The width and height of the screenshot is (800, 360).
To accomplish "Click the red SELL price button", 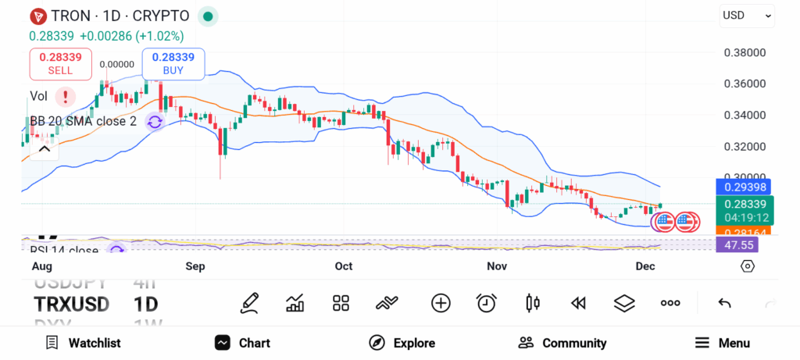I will pos(60,63).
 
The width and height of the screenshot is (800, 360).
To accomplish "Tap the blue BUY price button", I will pos(173,63).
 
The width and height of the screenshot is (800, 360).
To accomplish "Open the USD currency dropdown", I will pos(747,15).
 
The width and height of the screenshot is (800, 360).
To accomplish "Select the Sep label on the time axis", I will pos(195,266).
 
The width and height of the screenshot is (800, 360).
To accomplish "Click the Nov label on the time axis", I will pos(497,266).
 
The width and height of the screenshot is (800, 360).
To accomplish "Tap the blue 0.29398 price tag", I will pos(743,187).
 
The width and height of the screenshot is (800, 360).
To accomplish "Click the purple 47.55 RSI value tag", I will pos(737,244).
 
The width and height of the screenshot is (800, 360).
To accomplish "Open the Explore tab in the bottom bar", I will pos(402,343).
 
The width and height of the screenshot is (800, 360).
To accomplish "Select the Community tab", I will pos(562,343).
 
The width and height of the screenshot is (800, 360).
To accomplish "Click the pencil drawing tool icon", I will pos(250,303).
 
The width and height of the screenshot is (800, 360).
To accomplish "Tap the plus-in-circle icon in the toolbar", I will pos(441,303).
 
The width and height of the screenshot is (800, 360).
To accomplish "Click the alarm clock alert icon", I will pos(487,303).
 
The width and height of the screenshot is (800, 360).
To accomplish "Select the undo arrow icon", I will pos(724,303).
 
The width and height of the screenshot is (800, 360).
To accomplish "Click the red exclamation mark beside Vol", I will pos(66,96).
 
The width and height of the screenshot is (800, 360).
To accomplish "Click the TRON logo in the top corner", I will pos(37,16).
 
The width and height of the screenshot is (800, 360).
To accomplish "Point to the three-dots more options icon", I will pos(670,303).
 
